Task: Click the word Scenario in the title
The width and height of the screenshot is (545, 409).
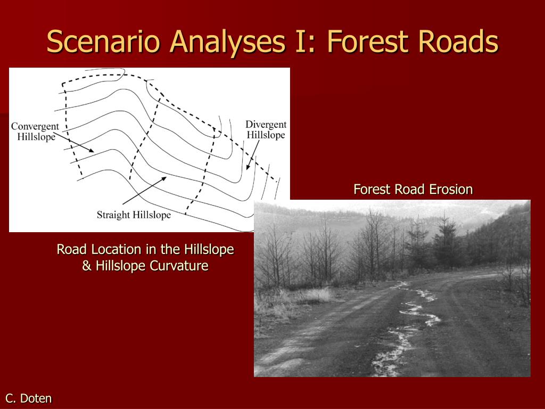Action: pos(104,42)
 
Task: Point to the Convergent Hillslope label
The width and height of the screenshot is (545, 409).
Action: pos(35,132)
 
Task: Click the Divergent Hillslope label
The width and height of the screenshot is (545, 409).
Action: pos(266,130)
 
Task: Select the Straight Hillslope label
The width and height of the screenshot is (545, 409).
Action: pos(134,215)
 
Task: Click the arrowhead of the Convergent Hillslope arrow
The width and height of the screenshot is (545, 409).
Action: pos(91,151)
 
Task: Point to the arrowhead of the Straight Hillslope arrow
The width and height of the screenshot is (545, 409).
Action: pos(163,179)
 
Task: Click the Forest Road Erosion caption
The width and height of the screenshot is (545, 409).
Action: pos(413,190)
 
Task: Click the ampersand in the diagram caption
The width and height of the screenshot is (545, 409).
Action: pos(87,266)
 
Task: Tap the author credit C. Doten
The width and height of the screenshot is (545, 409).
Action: pos(29,398)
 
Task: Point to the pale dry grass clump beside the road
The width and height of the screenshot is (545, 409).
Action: pos(315,295)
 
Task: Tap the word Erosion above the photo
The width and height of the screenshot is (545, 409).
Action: pos(451,190)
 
